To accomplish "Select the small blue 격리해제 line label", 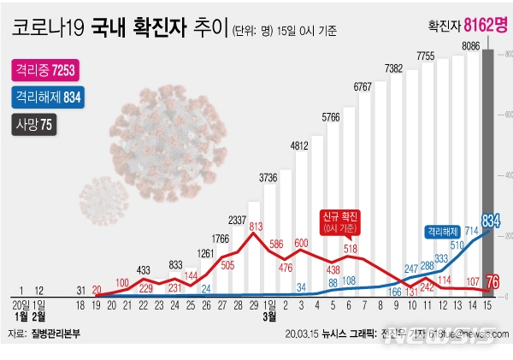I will click(444, 231).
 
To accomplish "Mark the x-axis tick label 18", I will click(80, 304).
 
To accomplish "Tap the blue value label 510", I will click(457, 245).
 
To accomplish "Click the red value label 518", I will click(351, 249).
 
